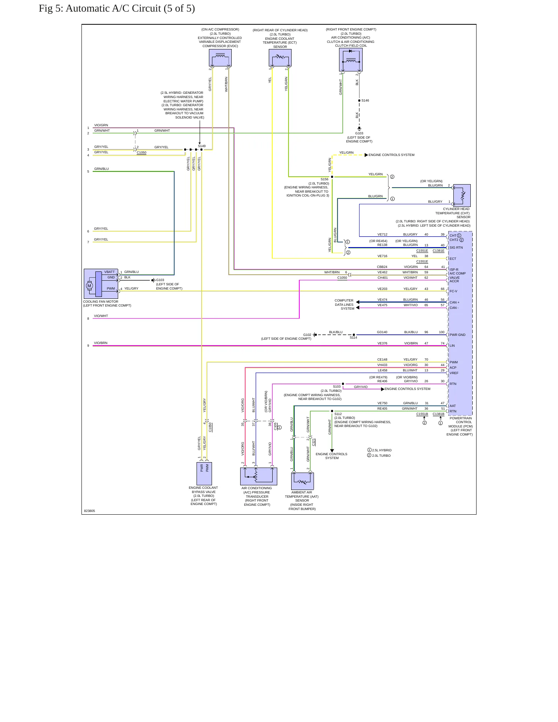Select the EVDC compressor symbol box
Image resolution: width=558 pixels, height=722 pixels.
pos(220,58)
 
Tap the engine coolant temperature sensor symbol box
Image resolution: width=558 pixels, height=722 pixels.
pos(280,58)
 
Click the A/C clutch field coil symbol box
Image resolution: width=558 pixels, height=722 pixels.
pos(351,59)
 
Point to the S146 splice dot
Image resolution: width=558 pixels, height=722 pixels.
pos(359,100)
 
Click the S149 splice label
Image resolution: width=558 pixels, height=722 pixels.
pos(202,146)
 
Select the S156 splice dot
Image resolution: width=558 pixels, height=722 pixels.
pos(332,177)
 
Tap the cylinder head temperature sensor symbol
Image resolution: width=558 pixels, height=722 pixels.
pos(462,195)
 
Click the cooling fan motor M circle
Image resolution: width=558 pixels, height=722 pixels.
pos(89,286)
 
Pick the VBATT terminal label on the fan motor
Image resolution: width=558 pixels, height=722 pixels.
pos(109,272)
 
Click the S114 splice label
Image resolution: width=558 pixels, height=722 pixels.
pos(353,337)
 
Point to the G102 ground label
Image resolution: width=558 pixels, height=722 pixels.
pos(307,335)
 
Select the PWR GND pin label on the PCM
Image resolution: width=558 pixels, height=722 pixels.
pos(458,335)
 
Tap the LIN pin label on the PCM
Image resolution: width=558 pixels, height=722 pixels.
pos(452,346)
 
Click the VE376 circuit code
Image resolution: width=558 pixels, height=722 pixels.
pos(382,343)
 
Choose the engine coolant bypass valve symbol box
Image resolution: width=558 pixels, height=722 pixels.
pos(204,473)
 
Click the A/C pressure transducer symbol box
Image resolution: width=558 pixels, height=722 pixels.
pos(259,476)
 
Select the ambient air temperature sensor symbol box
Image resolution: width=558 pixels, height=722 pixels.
pos(302,481)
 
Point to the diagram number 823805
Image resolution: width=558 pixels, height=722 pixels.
pos(89,511)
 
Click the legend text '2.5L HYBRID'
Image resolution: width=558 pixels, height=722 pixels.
pos(382,450)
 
